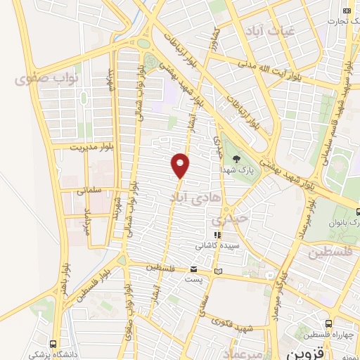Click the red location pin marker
[181, 165]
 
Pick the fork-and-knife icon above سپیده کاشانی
[218, 236]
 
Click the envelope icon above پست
[194, 269]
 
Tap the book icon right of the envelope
[218, 271]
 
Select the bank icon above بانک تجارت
[346, 11]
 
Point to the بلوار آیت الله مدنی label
[281, 71]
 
